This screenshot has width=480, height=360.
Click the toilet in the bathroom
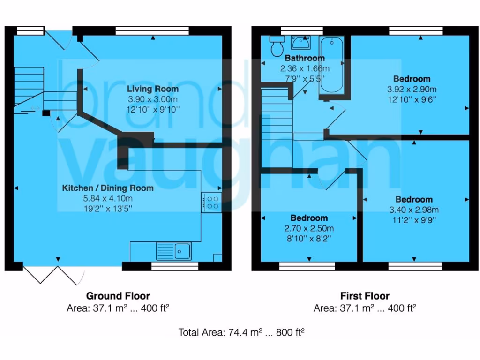[x=277, y=45]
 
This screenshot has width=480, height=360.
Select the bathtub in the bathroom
[x=331, y=66]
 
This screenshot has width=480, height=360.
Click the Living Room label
[x=153, y=89]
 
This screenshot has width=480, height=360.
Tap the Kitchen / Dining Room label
[x=108, y=188]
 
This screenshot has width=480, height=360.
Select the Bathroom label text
[x=305, y=59]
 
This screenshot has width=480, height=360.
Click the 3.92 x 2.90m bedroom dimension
[x=412, y=89]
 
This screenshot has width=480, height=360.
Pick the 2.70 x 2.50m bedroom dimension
[x=309, y=228]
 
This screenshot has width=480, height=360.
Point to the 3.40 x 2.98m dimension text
[x=414, y=210]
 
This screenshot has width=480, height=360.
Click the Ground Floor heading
[x=118, y=296]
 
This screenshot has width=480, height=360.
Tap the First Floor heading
[x=365, y=296]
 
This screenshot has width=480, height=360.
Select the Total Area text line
[x=241, y=332]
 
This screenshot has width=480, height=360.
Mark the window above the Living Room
[x=153, y=30]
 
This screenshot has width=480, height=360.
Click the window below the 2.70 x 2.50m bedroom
[x=307, y=266]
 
